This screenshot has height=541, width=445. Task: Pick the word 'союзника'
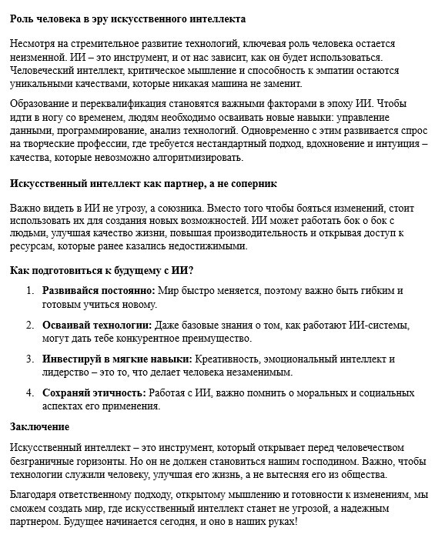pyautogui.click(x=166, y=208)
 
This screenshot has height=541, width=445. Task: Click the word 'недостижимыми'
pyautogui.click(x=207, y=247)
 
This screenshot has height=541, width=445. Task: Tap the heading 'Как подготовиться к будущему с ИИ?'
pyautogui.click(x=101, y=271)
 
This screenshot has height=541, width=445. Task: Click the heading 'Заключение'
pyautogui.click(x=40, y=426)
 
